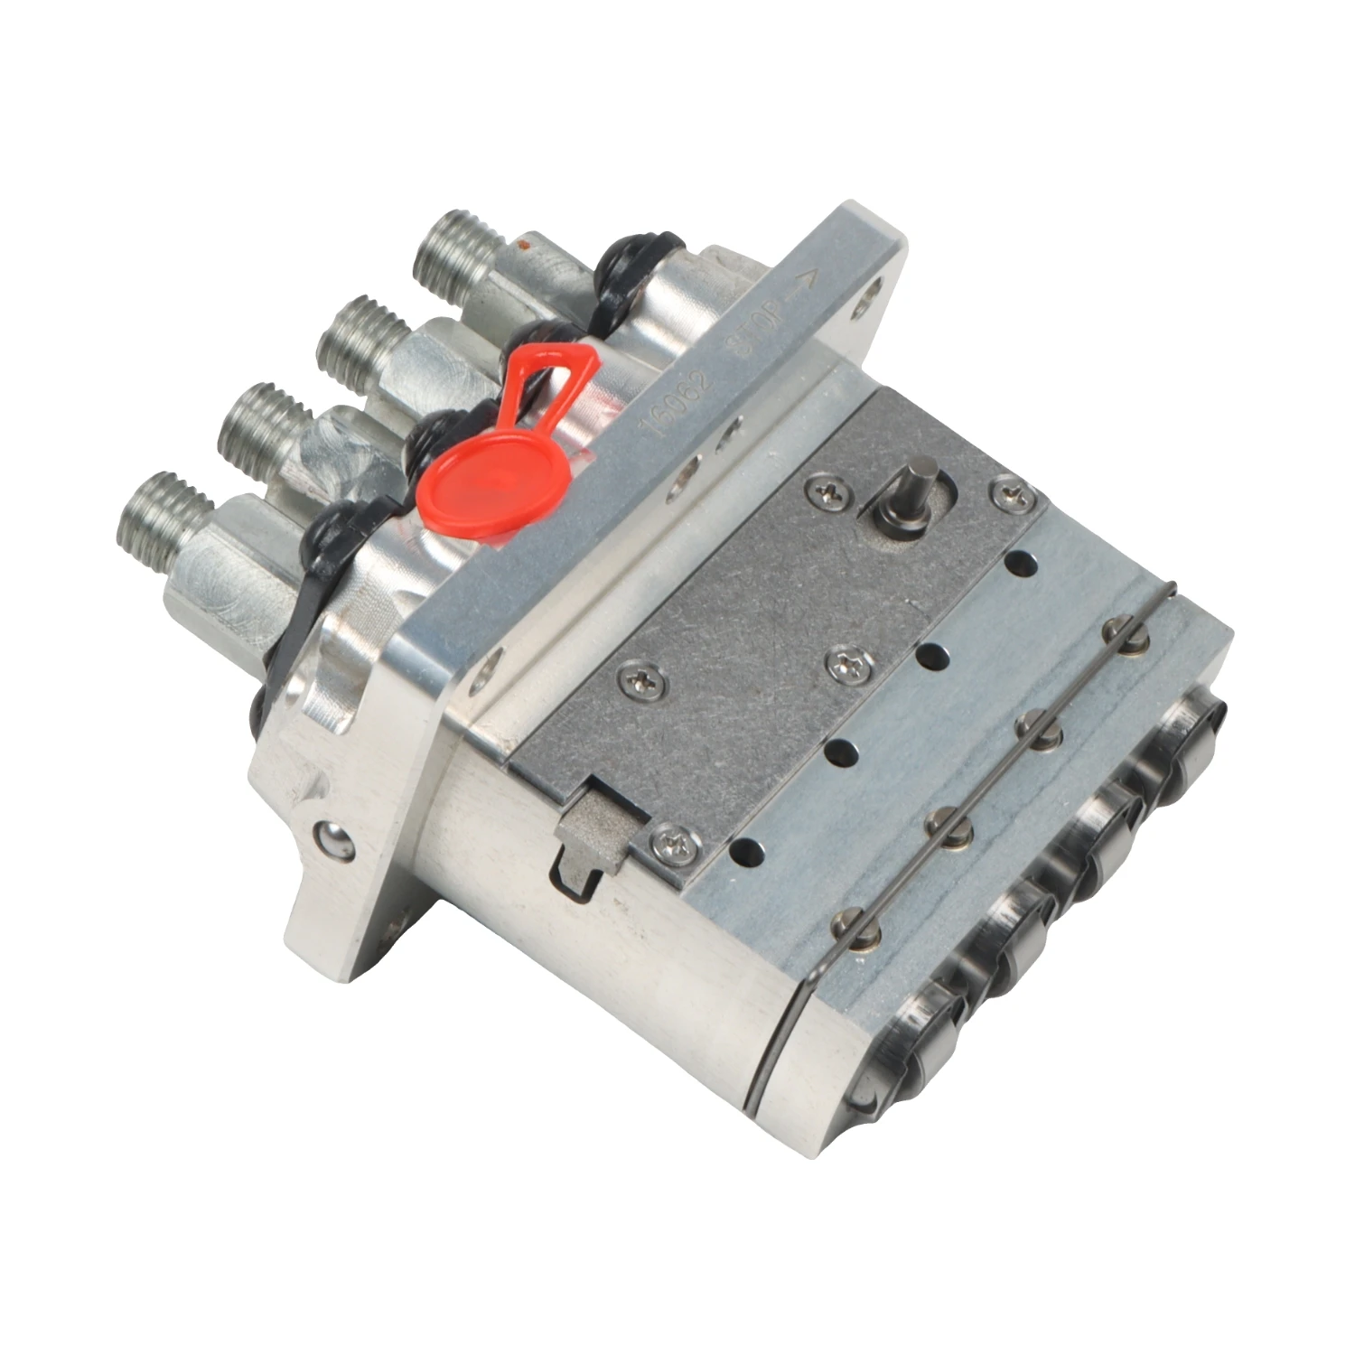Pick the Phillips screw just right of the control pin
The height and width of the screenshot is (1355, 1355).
(1008, 491)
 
